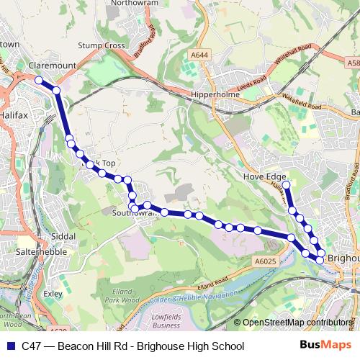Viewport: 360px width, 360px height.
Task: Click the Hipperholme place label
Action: click(x=208, y=94)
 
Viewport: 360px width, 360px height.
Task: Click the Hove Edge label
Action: click(x=265, y=176)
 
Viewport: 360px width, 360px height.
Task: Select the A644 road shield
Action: click(x=200, y=54)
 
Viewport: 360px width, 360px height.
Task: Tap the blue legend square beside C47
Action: click(x=11, y=346)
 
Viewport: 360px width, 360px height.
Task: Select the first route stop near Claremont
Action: click(x=40, y=81)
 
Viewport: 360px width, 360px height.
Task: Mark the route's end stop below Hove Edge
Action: click(x=286, y=185)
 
